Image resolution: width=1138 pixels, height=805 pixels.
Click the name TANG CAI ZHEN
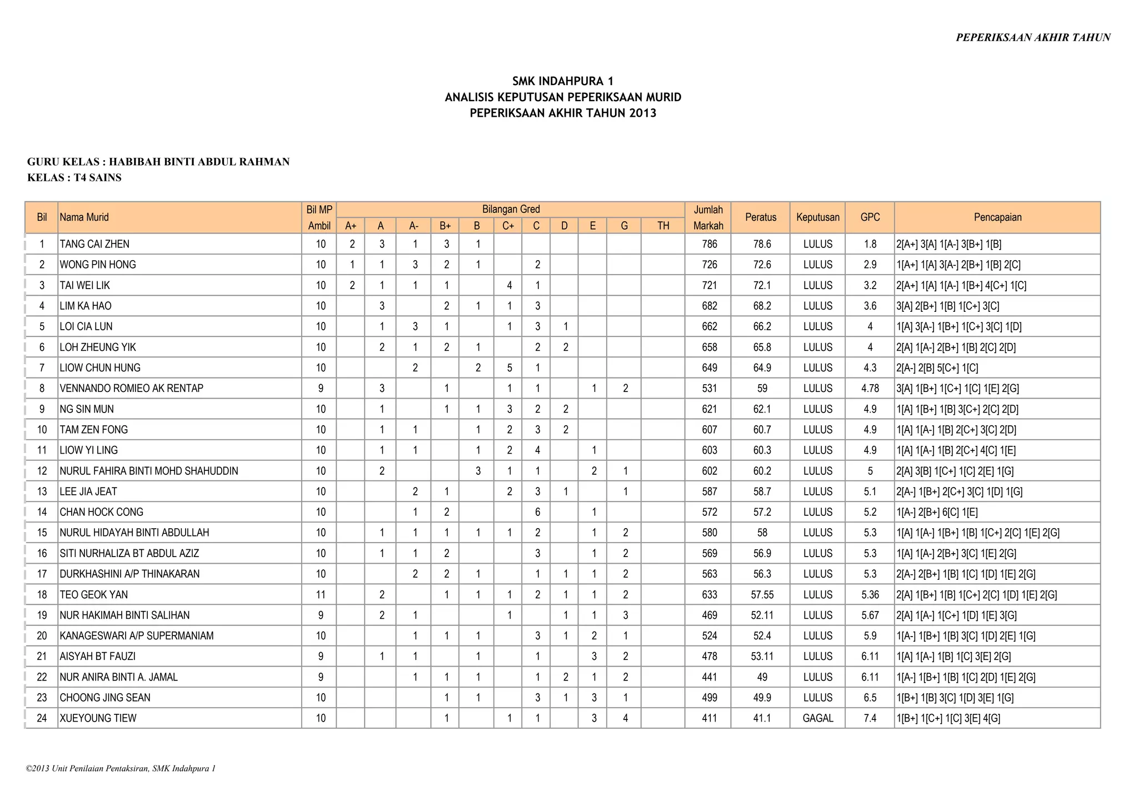pos(94,244)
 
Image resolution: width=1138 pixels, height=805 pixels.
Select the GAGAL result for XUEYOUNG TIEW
pos(817,718)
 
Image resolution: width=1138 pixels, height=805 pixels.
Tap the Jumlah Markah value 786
pos(710,244)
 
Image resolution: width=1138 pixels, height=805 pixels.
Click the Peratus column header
pos(760,217)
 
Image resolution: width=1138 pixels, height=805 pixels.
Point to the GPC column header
pos(870,217)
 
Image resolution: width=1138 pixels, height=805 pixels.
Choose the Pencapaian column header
pos(997,217)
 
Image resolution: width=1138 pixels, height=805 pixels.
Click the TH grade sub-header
pos(663,226)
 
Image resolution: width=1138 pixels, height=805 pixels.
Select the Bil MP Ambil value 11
pos(321,595)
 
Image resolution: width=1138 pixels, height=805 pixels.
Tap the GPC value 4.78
pos(870,389)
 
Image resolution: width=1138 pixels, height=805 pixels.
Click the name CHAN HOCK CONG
pos(101,512)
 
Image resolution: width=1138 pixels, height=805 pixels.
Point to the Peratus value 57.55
pos(762,595)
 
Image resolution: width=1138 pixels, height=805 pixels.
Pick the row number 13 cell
pos(42,491)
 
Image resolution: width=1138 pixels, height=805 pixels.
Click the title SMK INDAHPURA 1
pos(562,81)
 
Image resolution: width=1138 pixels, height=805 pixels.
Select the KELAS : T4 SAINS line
pos(74,178)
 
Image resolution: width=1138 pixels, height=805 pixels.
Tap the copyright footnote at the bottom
pos(121,769)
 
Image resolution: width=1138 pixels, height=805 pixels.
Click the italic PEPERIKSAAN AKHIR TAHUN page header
pos(1032,38)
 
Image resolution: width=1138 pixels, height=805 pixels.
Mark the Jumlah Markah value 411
pos(710,718)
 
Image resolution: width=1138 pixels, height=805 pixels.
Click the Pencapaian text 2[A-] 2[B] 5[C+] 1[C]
pos(937,368)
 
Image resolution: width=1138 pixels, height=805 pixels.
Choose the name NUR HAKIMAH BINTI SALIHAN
pos(124,615)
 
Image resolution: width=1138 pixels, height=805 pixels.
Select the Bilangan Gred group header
pos(510,210)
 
